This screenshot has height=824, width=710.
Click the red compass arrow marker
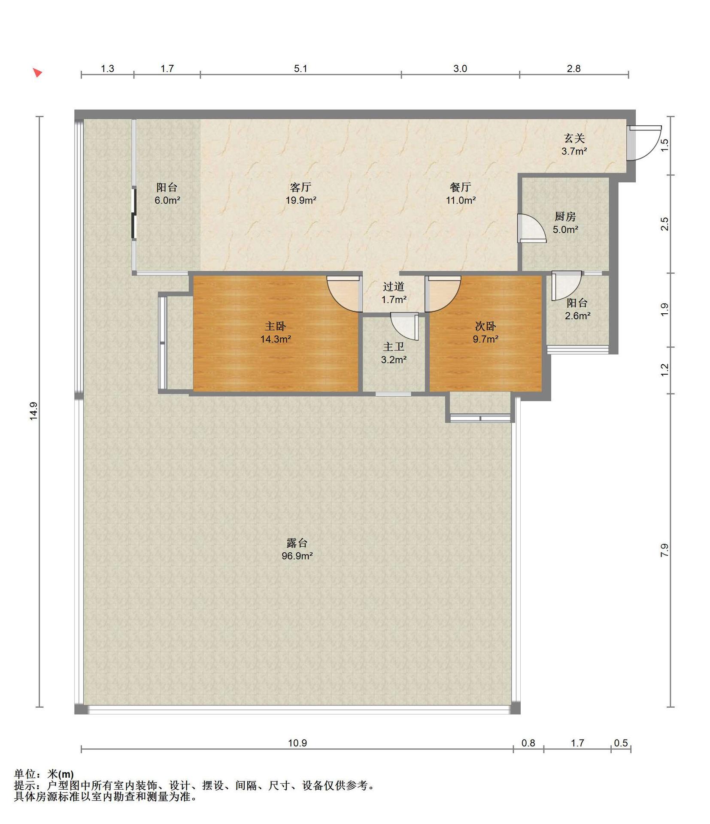(38, 73)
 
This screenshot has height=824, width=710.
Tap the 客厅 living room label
(300, 187)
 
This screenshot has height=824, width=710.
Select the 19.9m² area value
(301, 200)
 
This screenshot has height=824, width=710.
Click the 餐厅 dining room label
(460, 187)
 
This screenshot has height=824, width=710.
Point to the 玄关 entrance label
(574, 138)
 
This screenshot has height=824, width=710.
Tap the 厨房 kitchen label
(565, 217)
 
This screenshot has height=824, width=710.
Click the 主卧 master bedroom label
(275, 326)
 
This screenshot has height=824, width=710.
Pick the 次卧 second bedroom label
(485, 326)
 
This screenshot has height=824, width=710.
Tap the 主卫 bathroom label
(394, 347)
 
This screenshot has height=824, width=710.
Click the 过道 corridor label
(394, 286)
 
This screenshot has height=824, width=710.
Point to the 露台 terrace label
(297, 543)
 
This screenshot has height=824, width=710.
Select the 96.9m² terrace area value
(297, 556)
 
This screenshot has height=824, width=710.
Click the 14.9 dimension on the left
(34, 411)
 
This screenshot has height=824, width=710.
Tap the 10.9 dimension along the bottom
(297, 743)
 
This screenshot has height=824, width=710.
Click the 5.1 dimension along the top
(300, 69)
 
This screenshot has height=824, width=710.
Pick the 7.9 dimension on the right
(664, 550)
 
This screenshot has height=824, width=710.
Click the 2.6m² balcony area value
(577, 316)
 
